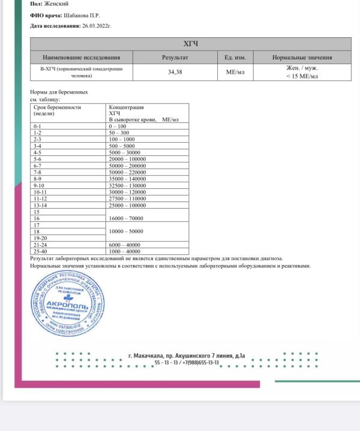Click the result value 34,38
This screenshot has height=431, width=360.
click(x=175, y=72)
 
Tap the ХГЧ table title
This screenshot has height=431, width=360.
click(x=190, y=44)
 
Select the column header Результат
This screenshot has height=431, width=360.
click(x=175, y=58)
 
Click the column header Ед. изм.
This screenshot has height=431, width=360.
click(x=235, y=58)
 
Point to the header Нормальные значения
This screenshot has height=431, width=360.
click(x=302, y=58)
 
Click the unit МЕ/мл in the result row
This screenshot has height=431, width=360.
click(x=235, y=72)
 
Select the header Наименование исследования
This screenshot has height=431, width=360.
click(x=81, y=58)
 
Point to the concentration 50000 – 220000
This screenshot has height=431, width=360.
click(x=129, y=172)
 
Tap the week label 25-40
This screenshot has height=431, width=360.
click(x=40, y=252)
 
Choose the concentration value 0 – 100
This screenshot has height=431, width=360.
click(x=118, y=126)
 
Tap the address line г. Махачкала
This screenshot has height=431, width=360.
click(x=187, y=355)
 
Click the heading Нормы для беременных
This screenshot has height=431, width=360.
click(x=59, y=92)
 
